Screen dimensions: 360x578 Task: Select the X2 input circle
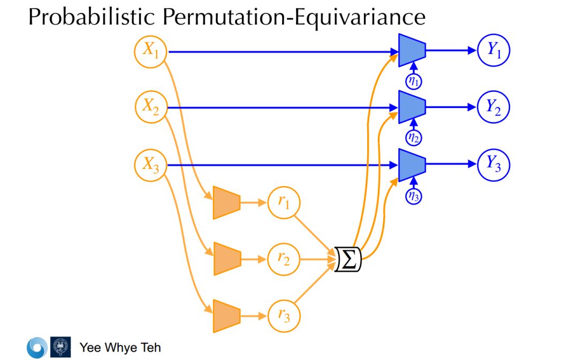tap(150, 107)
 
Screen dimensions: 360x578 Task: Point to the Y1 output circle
tap(493, 51)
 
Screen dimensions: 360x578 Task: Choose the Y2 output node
tap(493, 107)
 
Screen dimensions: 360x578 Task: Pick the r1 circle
tap(284, 203)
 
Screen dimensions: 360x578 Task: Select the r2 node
tap(284, 260)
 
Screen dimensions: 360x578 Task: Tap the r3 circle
tap(284, 317)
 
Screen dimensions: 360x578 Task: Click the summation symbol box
tap(348, 260)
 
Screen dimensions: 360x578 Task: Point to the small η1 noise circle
tap(414, 81)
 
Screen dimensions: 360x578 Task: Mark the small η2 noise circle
tap(414, 137)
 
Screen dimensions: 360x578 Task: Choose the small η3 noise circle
tap(414, 196)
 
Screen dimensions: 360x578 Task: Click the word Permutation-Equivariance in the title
tap(294, 18)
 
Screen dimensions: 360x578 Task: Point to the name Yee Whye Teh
tap(120, 348)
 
